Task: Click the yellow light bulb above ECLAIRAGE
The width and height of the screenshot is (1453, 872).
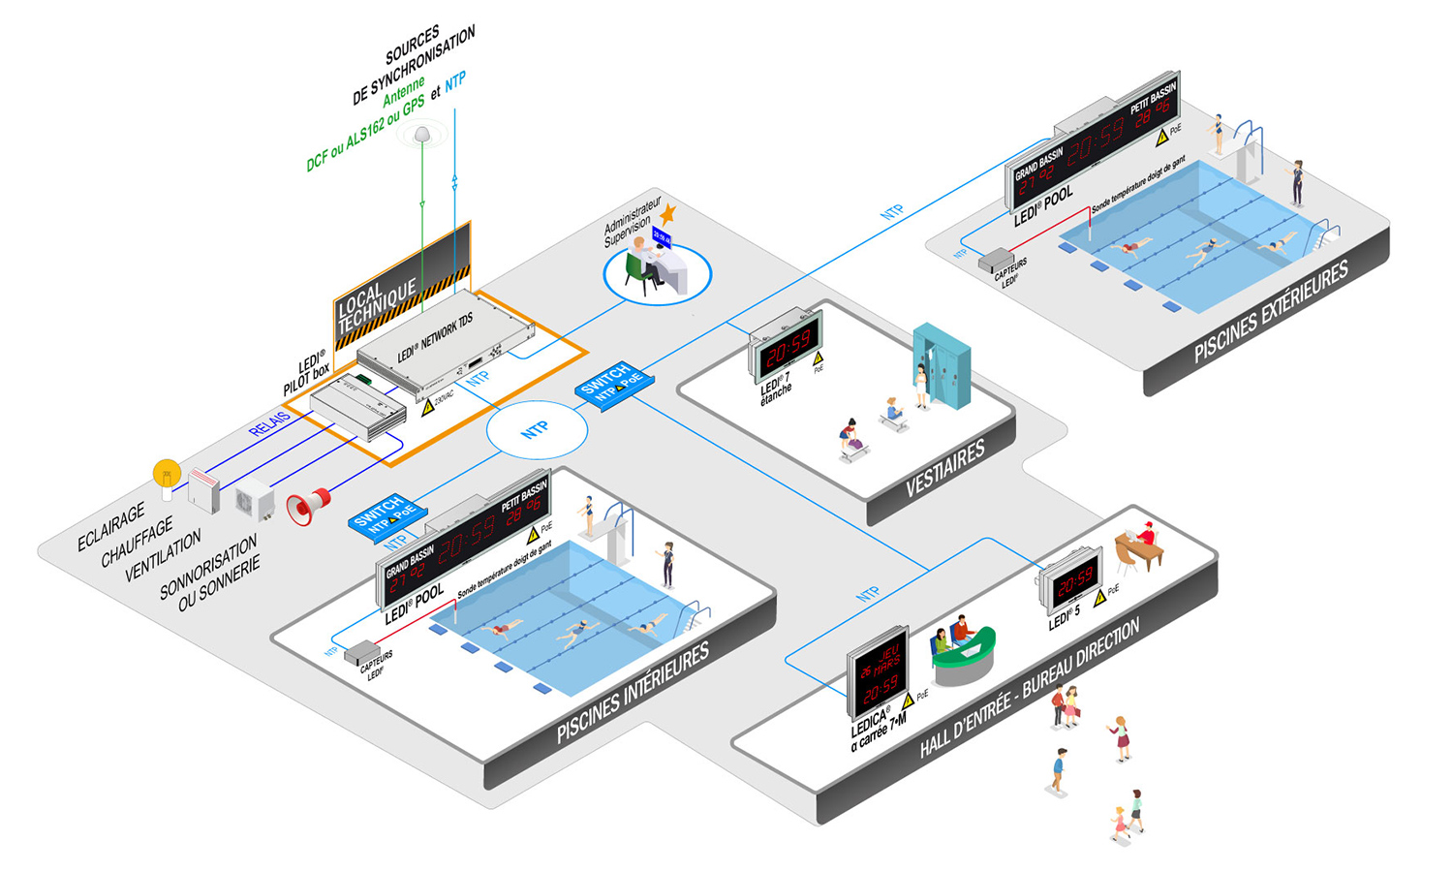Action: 167,475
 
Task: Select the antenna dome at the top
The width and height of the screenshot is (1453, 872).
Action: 422,135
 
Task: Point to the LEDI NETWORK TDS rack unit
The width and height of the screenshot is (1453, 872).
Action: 446,343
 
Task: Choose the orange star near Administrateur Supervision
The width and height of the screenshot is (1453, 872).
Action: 667,214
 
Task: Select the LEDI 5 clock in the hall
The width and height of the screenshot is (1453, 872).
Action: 1072,581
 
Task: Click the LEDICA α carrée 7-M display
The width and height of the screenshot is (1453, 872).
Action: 880,671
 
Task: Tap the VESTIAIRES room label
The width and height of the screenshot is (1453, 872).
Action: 944,468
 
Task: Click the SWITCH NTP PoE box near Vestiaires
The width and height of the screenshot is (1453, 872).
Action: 613,384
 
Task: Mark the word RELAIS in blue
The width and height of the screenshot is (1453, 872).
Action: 269,423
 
